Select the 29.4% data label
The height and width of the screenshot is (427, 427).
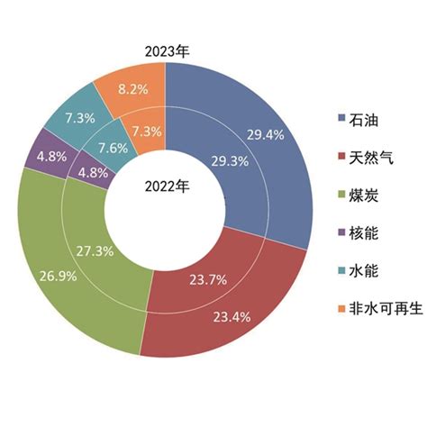point(265,134)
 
